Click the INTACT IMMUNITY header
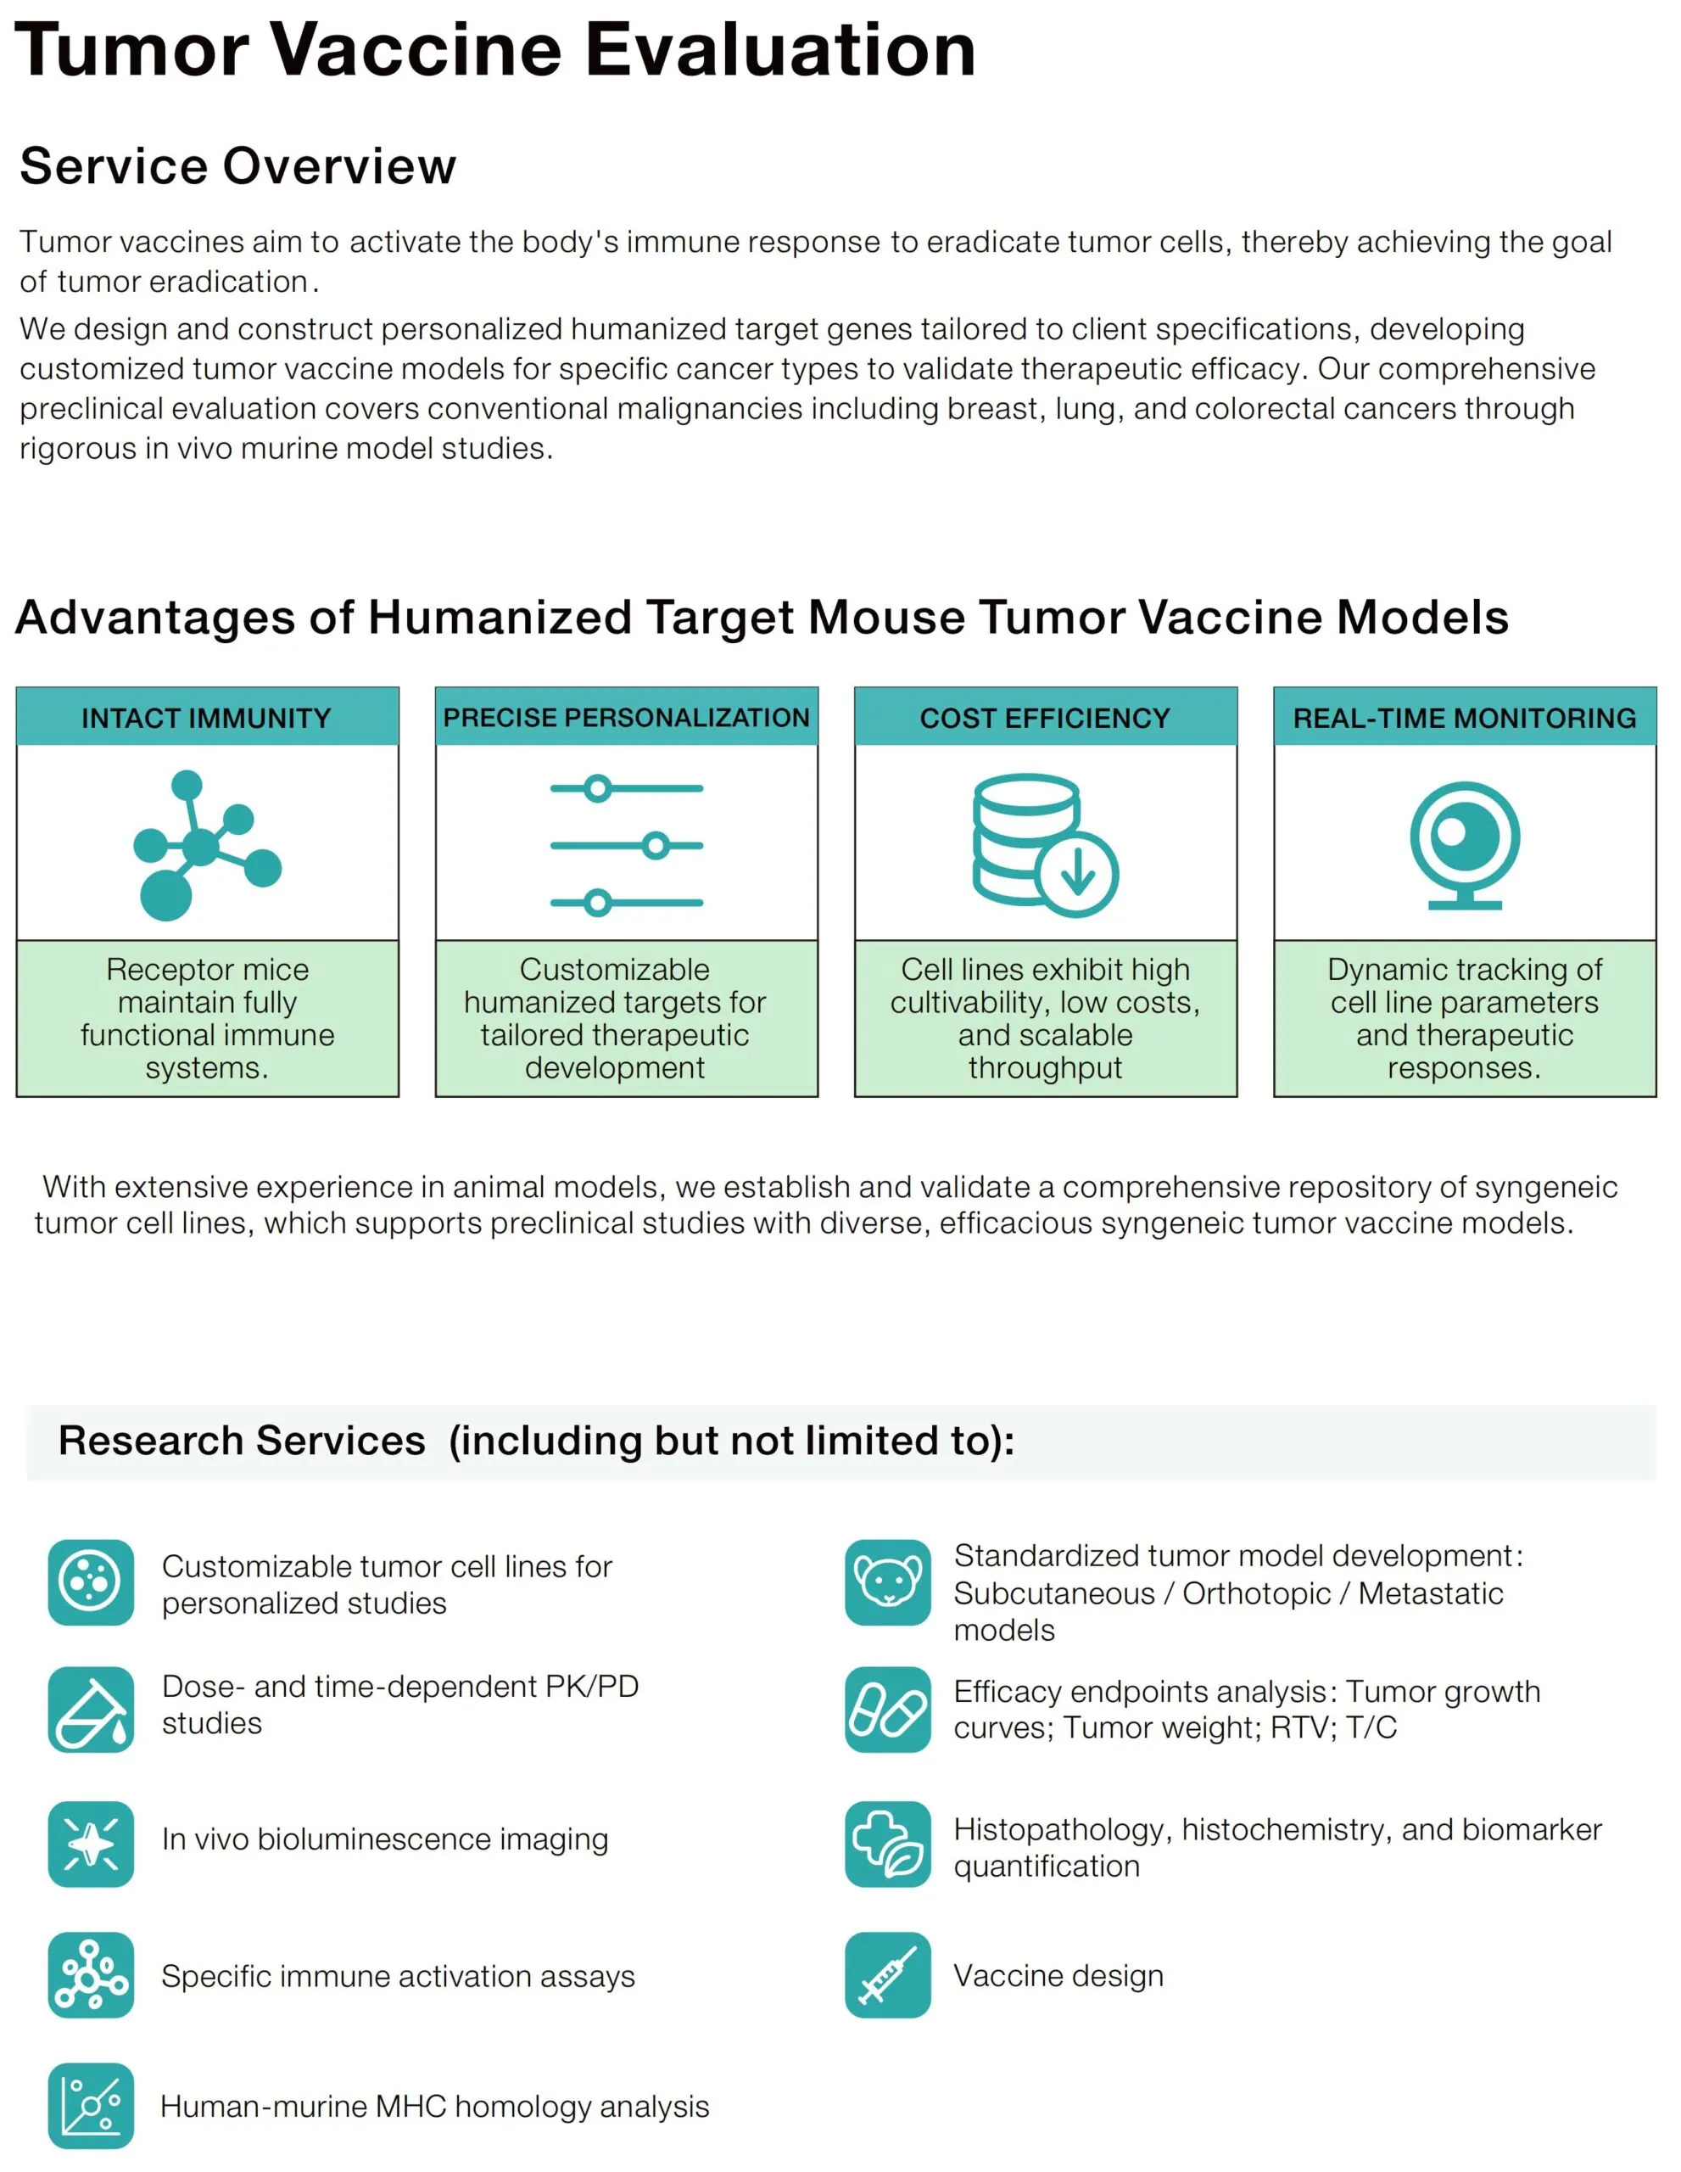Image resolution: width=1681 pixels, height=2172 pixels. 207,717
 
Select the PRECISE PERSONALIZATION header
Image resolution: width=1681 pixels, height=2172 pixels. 626,717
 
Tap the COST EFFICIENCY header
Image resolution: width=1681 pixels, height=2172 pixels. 1045,717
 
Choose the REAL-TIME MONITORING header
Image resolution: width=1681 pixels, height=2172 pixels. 1464,717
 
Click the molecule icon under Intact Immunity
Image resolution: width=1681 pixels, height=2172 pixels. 204,845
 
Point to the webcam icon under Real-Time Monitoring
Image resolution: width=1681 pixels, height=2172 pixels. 1464,843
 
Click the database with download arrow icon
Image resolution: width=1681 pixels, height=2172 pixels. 1044,844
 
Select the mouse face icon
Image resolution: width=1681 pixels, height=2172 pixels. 888,1582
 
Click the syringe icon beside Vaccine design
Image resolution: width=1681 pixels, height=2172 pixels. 888,1974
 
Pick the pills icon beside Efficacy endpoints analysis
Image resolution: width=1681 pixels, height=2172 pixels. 888,1709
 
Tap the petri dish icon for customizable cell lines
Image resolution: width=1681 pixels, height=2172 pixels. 91,1582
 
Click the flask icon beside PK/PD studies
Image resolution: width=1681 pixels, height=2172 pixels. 91,1709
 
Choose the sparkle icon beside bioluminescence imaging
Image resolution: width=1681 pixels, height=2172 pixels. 91,1843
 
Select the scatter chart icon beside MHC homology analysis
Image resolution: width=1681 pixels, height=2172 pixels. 91,2105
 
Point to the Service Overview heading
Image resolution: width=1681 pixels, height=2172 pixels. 237,165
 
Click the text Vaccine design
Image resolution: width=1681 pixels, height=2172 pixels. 1058,1975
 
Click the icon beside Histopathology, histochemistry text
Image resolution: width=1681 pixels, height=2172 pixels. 888,1843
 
